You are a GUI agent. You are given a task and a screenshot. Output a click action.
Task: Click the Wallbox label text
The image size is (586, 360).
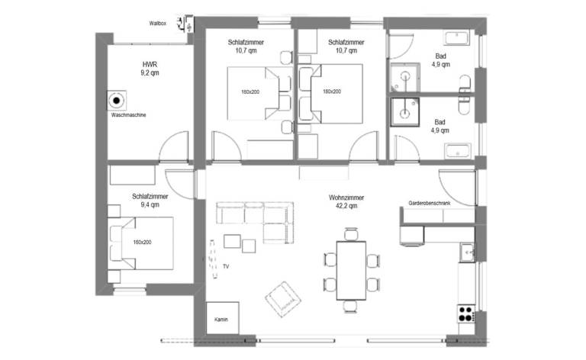coord(157,23)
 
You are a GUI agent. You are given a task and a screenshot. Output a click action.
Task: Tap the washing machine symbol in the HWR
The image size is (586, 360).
coord(117,101)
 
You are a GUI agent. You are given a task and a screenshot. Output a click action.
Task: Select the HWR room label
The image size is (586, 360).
coord(150,69)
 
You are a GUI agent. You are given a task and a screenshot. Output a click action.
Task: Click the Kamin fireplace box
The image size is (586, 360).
coord(223,318)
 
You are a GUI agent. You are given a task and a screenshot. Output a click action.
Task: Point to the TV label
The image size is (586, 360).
coord(226,266)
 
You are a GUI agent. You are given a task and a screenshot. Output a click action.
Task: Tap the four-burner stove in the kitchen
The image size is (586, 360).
coord(466,313)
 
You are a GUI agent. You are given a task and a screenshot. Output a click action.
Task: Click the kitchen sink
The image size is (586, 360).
coord(468,252)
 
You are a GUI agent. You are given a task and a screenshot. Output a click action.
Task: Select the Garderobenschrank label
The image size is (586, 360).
coord(430,203)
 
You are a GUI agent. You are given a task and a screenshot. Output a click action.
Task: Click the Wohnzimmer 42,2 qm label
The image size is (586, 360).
coord(346,201)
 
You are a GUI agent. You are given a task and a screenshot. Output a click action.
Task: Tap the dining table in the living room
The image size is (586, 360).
coord(351,270)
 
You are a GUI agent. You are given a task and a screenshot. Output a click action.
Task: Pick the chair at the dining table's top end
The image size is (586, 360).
coord(351,234)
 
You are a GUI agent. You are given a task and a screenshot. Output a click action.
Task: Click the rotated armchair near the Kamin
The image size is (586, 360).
coord(283,299)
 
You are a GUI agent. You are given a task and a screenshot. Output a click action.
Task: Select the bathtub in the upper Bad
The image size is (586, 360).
coord(457,38)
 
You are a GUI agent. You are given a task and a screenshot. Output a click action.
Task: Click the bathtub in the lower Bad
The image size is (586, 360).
coord(458,151)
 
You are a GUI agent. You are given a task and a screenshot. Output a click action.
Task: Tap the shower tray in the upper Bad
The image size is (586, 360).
coord(405,78)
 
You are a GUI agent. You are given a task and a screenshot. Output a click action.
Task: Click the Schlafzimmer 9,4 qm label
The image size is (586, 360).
coord(150,200)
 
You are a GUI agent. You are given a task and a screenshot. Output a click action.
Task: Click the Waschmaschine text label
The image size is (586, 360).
coord(128,115)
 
